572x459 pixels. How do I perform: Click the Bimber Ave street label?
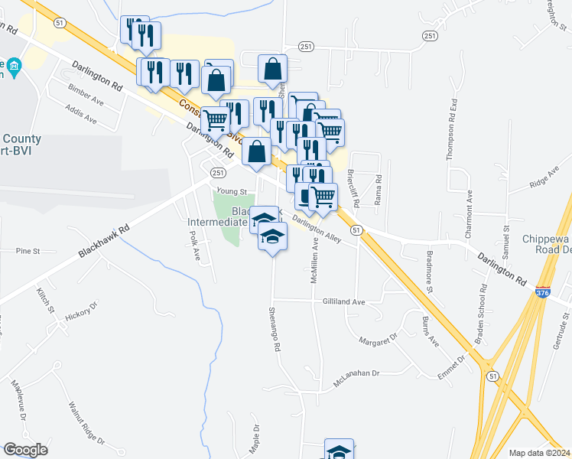click(86, 99)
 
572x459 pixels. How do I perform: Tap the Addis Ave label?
click(81, 116)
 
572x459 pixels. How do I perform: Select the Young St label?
click(232, 192)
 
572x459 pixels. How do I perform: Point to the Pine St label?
click(27, 250)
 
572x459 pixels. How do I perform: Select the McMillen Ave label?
click(314, 262)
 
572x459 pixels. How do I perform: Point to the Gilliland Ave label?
click(343, 302)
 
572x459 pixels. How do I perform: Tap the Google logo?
click(26, 450)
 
